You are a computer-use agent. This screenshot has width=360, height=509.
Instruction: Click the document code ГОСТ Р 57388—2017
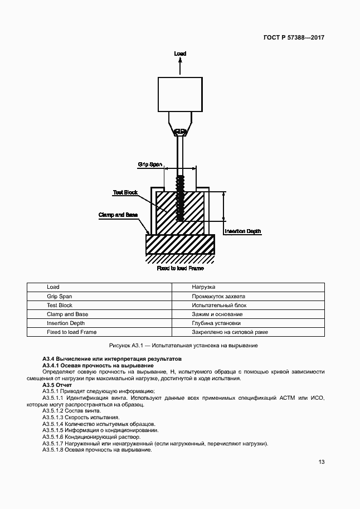[294, 38]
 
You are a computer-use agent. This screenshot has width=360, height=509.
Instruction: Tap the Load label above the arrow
[179, 54]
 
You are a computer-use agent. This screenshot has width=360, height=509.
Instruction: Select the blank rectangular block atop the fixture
[179, 94]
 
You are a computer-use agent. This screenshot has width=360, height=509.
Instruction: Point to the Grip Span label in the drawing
[150, 164]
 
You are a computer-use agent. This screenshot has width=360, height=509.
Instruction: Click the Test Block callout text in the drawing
[125, 192]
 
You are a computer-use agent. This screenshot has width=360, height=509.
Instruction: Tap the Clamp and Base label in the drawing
[118, 215]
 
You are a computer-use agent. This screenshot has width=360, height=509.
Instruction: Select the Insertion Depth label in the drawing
[242, 231]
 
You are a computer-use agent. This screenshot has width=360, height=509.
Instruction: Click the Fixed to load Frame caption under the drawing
[180, 268]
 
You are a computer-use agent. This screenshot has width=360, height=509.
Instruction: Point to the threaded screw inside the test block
[180, 198]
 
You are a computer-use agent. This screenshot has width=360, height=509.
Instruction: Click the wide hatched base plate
[180, 244]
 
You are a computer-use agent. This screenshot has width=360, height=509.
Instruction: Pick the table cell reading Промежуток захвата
[218, 296]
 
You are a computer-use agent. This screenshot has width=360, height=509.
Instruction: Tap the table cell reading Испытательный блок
[219, 305]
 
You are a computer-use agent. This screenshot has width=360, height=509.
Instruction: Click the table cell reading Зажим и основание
[217, 314]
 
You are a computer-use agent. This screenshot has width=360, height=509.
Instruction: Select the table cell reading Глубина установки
[216, 323]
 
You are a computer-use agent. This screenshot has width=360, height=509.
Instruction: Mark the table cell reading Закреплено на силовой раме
[230, 332]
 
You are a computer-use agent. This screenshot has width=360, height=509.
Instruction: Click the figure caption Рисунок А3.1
[180, 346]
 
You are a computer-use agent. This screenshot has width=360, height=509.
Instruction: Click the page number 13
[322, 462]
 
